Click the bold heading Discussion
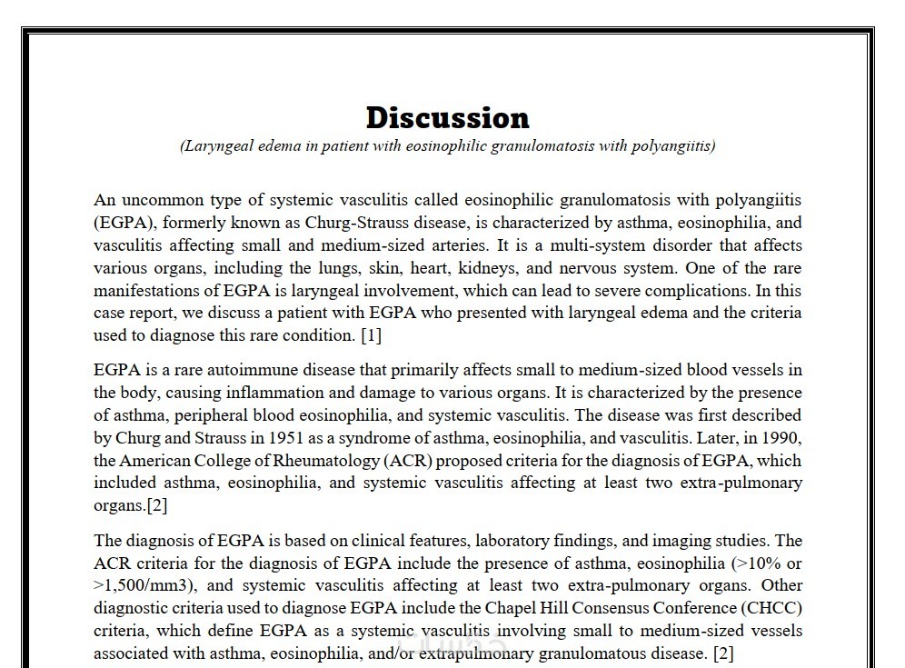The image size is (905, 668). (447, 117)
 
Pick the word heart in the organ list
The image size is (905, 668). (440, 268)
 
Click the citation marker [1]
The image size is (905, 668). (371, 335)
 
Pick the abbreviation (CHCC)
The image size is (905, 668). (769, 608)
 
